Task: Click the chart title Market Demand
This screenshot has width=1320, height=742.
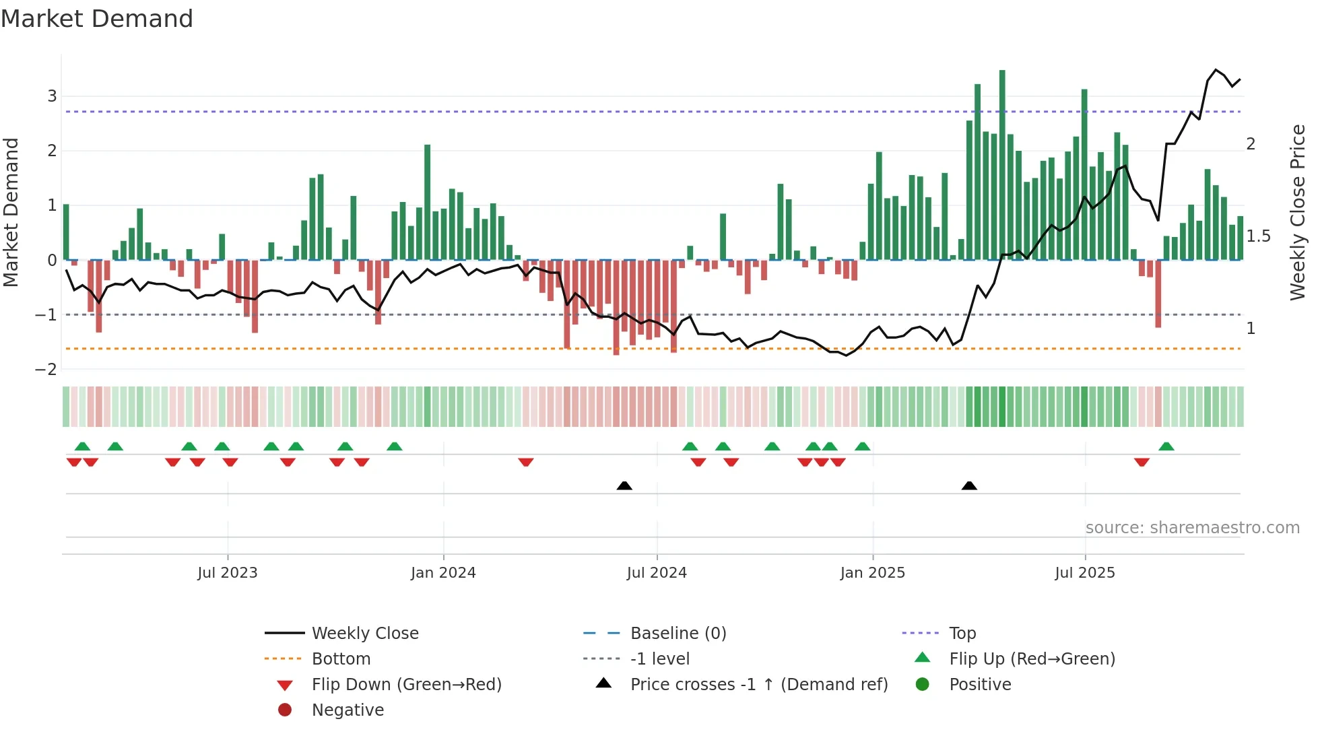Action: (x=97, y=18)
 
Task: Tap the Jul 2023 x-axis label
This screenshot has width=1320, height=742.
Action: (x=227, y=573)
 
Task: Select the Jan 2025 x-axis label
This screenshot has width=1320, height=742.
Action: (x=872, y=573)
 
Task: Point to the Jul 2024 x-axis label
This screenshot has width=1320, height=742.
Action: (x=657, y=573)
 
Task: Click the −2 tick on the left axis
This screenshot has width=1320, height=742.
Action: (x=46, y=370)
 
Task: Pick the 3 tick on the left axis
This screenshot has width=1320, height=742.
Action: (x=52, y=96)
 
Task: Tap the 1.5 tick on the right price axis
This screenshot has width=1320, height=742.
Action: (x=1258, y=236)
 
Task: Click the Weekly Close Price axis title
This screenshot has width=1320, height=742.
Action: (x=1297, y=212)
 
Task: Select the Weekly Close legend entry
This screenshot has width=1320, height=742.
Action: (x=364, y=634)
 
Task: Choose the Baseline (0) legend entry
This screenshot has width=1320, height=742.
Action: (x=678, y=634)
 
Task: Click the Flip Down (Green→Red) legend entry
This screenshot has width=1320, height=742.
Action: (x=406, y=685)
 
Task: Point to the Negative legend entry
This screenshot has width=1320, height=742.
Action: (x=348, y=710)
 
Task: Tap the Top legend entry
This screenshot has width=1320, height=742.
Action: (x=962, y=634)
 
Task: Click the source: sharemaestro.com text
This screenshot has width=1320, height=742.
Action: (x=1192, y=528)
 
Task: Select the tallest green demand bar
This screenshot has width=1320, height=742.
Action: (x=1002, y=165)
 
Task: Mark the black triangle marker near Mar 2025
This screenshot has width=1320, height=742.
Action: (x=969, y=485)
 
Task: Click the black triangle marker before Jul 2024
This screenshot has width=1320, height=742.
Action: (x=624, y=485)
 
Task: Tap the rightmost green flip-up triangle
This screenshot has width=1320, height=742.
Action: (x=1166, y=446)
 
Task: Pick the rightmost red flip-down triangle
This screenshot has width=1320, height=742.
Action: (x=1142, y=462)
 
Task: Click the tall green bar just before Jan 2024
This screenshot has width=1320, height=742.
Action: (x=427, y=202)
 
